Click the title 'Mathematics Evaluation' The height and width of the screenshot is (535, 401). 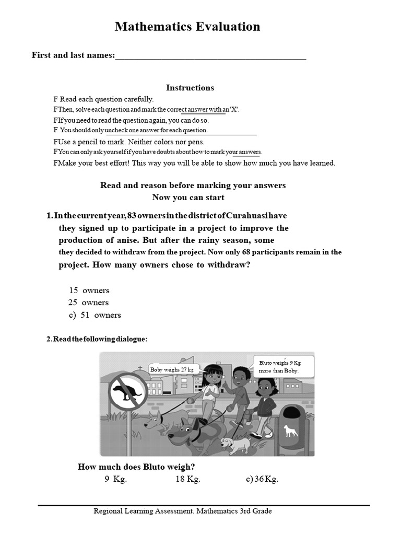(187, 27)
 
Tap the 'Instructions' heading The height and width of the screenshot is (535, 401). (190, 88)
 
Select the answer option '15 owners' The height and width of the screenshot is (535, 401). (89, 290)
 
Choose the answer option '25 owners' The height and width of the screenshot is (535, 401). (88, 303)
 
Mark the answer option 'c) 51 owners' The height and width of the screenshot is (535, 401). (94, 315)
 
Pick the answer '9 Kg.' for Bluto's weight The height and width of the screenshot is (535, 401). (115, 480)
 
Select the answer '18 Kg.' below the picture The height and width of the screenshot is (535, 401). (187, 480)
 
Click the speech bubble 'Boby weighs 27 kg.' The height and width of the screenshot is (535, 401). (172, 370)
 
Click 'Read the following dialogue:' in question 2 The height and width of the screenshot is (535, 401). (97, 340)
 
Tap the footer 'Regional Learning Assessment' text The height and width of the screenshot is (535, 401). (182, 511)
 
